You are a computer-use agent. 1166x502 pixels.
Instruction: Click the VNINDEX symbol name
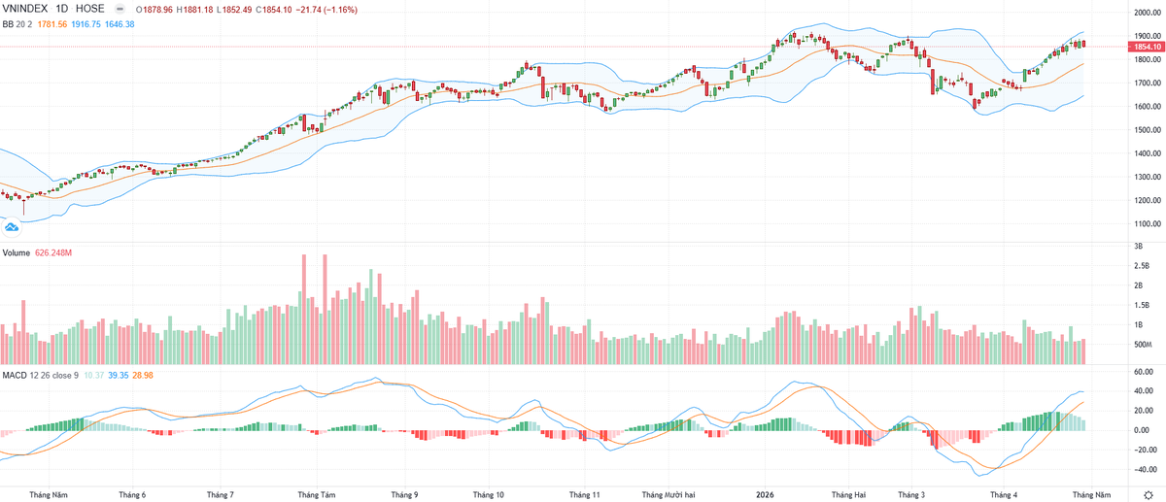click(25, 9)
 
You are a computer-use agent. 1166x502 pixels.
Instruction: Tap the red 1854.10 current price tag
click(1148, 47)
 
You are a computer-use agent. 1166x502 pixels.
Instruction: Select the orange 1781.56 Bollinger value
click(52, 24)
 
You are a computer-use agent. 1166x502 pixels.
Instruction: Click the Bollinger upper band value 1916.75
click(86, 24)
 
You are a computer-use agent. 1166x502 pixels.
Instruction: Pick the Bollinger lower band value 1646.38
click(120, 24)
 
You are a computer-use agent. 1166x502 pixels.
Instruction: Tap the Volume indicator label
click(17, 252)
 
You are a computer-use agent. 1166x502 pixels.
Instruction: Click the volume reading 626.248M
click(53, 252)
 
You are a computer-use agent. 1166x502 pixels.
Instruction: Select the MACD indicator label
click(15, 375)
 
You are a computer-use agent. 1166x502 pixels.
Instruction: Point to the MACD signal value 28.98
click(143, 375)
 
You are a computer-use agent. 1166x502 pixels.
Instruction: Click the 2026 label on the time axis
click(765, 494)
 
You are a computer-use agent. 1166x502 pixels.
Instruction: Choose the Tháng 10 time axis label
click(488, 494)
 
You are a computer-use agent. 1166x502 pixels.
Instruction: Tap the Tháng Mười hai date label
click(669, 494)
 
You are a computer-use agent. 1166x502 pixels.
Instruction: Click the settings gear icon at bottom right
click(1149, 495)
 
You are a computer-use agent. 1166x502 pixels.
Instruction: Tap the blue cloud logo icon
click(12, 227)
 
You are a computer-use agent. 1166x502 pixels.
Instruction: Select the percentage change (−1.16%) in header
click(340, 10)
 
